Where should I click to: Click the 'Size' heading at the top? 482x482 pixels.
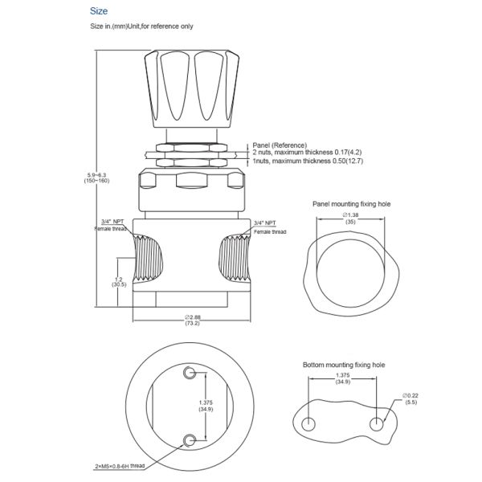tap(99, 11)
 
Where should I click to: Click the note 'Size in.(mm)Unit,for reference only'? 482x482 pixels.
tap(141, 27)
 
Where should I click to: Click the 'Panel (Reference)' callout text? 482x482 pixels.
tap(279, 144)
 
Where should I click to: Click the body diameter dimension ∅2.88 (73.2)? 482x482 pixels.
tap(193, 320)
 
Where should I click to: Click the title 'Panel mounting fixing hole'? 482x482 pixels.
tap(349, 204)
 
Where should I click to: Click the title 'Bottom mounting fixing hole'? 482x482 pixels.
tap(344, 365)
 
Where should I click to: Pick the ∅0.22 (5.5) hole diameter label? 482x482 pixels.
tap(411, 399)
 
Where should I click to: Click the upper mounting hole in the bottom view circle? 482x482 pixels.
tap(190, 373)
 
